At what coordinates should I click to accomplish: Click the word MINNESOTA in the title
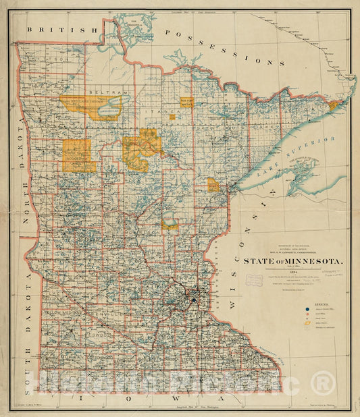point(310,260)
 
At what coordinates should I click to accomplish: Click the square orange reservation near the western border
point(78,156)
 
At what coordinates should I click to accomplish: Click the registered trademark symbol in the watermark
point(323,383)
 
